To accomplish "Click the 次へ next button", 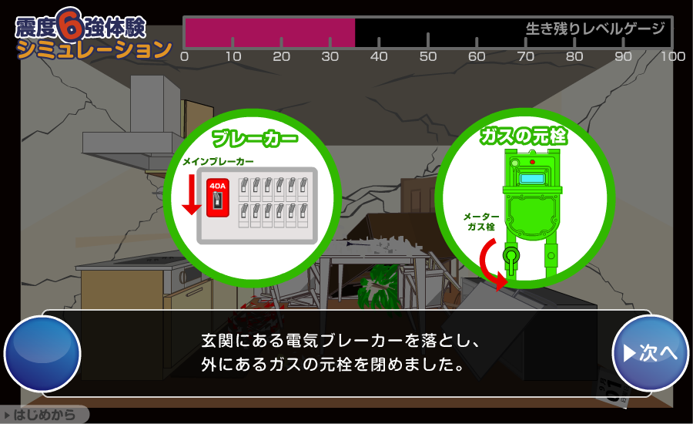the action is point(650,353).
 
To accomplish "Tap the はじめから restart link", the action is point(44,415).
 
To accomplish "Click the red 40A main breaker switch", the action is point(217,197).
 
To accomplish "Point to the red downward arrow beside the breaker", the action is point(192,193).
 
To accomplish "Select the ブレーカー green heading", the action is point(255,139).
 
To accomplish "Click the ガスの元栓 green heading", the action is point(524,136).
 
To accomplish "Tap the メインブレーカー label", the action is point(219,162).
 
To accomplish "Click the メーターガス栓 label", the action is point(480,221).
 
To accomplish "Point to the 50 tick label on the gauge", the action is point(428,56).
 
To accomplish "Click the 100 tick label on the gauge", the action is point(673,56).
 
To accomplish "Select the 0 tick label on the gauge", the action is point(184,56).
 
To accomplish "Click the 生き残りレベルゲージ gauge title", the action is point(595,29).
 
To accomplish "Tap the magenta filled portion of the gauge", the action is point(270,32).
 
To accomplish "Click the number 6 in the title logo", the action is point(70,25).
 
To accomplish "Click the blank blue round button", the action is point(42,354).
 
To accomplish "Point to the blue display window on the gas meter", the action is point(532,179).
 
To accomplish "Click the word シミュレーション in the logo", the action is point(94,49).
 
